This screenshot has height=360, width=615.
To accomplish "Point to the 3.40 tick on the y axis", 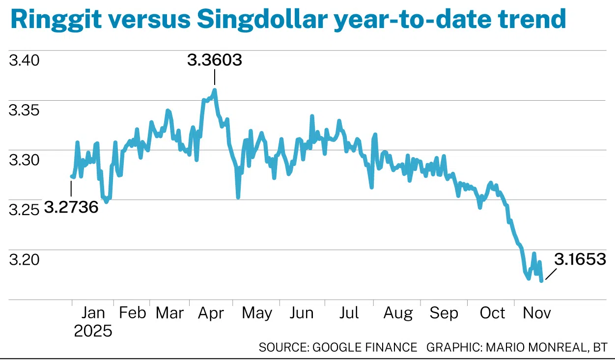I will (24, 61).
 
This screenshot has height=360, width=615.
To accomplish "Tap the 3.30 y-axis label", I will (24, 161).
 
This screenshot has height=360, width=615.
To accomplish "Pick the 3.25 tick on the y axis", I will (24, 210).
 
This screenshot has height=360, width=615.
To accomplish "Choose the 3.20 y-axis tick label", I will (24, 260).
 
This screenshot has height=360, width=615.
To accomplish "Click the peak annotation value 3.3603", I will (215, 60).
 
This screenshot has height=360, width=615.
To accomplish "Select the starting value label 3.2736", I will (71, 207).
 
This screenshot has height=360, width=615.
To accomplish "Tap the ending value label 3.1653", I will (580, 260).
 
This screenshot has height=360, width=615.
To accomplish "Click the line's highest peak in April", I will (215, 90).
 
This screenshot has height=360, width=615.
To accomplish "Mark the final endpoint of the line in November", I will (541, 281).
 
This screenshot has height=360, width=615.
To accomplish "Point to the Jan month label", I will (93, 313).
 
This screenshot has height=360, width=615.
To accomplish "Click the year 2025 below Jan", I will (93, 331).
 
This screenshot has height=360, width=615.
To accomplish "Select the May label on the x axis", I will (256, 313).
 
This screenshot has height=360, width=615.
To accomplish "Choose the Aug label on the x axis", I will (398, 313).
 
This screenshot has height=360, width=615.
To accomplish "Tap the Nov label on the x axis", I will (537, 313).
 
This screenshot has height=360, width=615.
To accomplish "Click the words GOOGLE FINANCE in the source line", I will (365, 348).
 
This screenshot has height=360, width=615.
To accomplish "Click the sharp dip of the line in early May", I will (238, 197).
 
